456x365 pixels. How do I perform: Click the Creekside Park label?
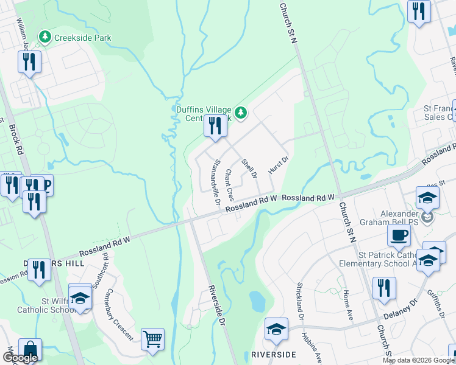point(82,38)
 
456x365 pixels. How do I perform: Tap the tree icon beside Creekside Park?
point(45,38)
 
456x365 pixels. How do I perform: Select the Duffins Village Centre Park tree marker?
point(241,112)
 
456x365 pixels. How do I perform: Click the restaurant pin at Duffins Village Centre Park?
point(215,127)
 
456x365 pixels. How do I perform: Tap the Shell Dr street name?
point(248,170)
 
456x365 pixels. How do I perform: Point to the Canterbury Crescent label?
point(120,315)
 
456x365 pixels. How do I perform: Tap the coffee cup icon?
point(399,236)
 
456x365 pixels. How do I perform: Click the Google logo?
point(20,358)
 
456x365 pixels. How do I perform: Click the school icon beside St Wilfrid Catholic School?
point(80,297)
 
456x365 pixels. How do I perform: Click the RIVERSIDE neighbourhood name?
point(274,355)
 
